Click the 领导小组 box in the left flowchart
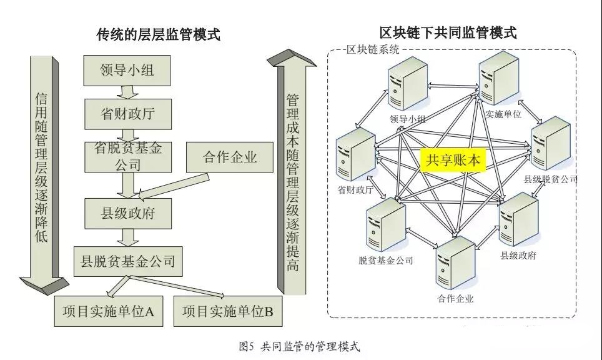click(x=127, y=71)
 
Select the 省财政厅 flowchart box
click(x=127, y=114)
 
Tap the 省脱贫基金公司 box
click(x=127, y=156)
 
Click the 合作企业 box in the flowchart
click(x=230, y=156)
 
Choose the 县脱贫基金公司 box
click(x=127, y=261)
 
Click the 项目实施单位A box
click(x=109, y=311)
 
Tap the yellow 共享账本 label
click(x=454, y=161)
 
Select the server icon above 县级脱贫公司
click(x=551, y=142)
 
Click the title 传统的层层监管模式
click(x=158, y=34)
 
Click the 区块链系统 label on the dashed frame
click(x=373, y=50)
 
